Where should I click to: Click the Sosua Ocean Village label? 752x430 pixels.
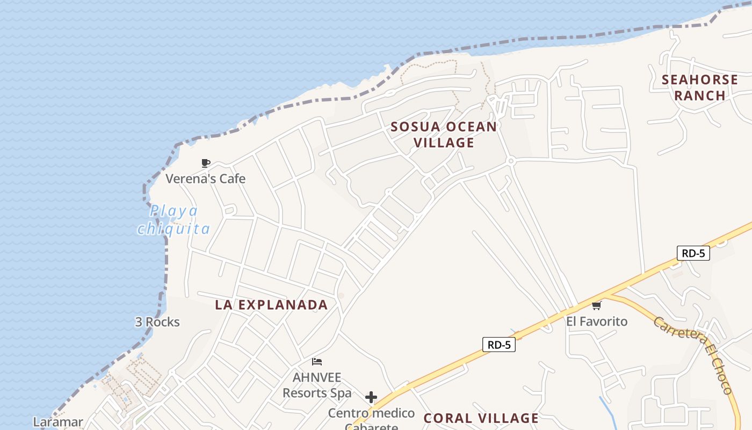[444, 134]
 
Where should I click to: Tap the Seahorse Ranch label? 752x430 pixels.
[699, 88]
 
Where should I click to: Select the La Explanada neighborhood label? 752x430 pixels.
[271, 305]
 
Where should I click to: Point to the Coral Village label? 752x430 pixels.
[481, 418]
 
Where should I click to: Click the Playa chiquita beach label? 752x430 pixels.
[173, 220]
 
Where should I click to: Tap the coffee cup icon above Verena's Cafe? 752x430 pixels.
[205, 163]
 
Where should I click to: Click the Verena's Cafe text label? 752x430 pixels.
[205, 178]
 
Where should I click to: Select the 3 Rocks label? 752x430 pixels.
[157, 322]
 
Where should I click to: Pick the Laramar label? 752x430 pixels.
[58, 422]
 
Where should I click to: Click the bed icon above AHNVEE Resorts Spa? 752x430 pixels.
[317, 362]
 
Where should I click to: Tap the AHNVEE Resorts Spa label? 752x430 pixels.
[317, 385]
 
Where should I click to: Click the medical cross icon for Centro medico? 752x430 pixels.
[371, 398]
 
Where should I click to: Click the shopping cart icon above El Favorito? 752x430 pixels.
[596, 306]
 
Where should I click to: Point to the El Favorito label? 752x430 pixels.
[597, 321]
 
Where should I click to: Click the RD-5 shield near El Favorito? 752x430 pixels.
[693, 253]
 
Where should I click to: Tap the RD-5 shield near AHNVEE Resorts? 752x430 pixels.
[499, 345]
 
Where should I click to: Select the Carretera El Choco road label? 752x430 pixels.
[693, 355]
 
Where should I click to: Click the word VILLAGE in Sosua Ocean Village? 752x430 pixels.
[444, 142]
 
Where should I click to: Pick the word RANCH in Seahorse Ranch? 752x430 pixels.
[700, 96]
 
